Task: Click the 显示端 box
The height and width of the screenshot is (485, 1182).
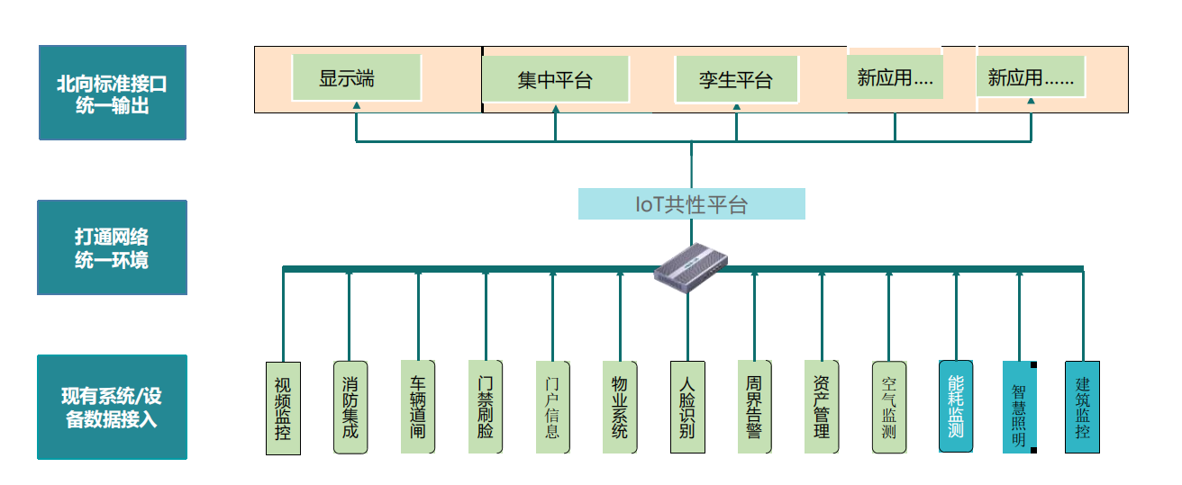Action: [x=356, y=77]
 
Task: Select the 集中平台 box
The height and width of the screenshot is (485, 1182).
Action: [x=554, y=79]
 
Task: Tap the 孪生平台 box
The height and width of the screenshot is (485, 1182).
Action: [x=736, y=79]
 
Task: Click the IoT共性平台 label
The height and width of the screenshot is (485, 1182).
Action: [x=691, y=204]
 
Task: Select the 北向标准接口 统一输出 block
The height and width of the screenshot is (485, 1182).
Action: [x=112, y=93]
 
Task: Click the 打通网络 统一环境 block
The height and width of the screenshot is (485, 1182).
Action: [x=112, y=247]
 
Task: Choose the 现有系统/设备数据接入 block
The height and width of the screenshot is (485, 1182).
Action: [x=112, y=407]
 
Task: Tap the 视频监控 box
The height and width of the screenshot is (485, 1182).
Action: [x=282, y=408]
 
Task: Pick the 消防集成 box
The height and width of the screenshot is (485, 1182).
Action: [x=350, y=407]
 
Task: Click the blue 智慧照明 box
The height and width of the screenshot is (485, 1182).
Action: [x=1019, y=407]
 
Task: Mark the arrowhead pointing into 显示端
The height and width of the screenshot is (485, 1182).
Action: [x=357, y=106]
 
